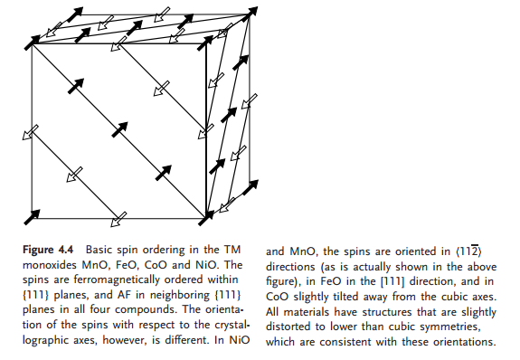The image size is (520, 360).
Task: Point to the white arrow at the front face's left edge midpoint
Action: pos(32,132)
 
